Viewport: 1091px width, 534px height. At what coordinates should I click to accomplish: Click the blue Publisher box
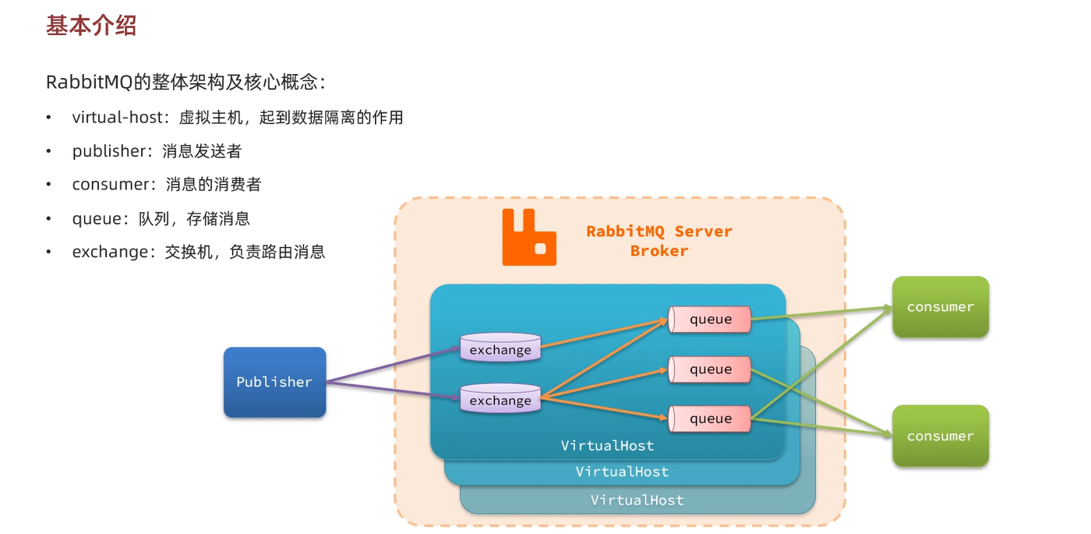coord(274,382)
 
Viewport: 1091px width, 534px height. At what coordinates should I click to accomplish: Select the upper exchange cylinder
coord(500,348)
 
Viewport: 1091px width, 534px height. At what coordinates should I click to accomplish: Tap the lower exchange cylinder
coord(500,398)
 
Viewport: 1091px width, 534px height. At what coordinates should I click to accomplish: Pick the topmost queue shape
coord(710,319)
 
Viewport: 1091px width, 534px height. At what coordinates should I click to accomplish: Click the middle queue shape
coord(710,369)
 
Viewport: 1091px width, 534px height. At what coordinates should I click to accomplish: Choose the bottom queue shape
coord(710,419)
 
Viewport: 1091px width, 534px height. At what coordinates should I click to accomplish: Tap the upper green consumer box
coord(941,306)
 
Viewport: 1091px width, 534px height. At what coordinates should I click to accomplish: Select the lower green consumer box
coord(941,436)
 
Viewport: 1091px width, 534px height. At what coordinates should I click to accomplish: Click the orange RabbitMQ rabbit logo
coord(529,237)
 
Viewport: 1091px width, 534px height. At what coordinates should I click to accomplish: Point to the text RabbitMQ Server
coord(659,232)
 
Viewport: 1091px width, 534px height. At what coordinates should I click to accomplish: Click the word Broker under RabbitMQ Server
coord(659,251)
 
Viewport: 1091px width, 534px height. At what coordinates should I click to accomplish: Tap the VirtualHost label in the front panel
coord(607,445)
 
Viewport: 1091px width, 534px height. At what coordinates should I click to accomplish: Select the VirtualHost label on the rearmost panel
coord(637,500)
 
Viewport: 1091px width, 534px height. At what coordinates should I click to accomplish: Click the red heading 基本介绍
coord(91,25)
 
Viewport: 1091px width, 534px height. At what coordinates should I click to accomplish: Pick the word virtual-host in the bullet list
coord(118,118)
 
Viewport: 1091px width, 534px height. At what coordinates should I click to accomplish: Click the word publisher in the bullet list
coord(109,151)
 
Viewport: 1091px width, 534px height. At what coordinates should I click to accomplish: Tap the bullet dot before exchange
coord(48,252)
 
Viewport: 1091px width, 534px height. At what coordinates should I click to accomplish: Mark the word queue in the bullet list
coord(97,219)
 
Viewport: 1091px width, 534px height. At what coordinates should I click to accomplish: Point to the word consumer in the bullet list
coord(111,185)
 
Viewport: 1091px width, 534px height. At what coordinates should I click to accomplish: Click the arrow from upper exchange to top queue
coord(604,334)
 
